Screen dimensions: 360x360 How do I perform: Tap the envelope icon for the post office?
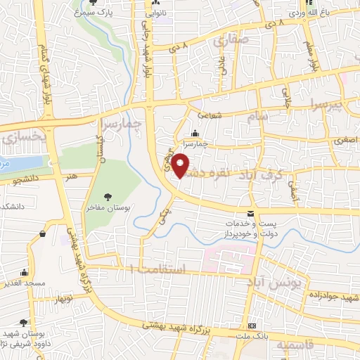click(x=251, y=214)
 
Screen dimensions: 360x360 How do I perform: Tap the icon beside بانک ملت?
click(x=252, y=326)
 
